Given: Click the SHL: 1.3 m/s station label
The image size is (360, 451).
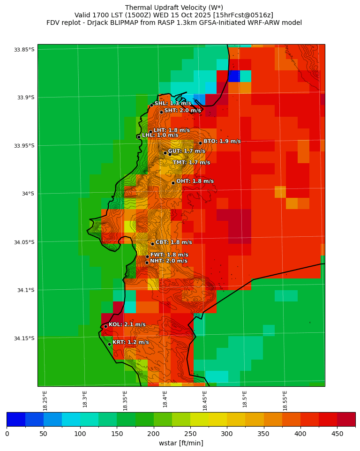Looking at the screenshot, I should (172, 103).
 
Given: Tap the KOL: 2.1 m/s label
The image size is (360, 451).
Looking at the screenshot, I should (127, 324).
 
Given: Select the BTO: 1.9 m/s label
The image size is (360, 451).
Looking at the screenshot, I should (222, 141).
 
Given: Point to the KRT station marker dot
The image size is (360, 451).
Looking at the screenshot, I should (109, 344).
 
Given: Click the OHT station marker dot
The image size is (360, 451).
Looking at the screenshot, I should (173, 183).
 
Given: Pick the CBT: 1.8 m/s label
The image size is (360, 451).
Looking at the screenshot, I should (173, 242).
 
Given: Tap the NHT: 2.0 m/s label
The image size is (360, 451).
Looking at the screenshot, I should (168, 261).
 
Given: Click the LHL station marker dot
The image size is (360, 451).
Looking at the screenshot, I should (139, 137).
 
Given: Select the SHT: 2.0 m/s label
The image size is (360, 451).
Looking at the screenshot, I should (182, 110).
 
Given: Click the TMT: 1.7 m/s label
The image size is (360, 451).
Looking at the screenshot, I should (191, 162).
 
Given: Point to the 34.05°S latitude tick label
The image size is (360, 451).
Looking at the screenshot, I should (24, 242).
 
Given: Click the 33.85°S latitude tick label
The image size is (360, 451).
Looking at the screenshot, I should (24, 50).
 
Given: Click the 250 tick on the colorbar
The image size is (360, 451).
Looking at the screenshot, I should (117, 434).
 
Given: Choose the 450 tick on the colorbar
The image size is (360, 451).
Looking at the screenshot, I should (337, 434).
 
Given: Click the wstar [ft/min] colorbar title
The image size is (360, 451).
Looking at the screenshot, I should (181, 443).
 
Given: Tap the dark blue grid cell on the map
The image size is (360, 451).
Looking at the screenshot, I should (234, 76).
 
